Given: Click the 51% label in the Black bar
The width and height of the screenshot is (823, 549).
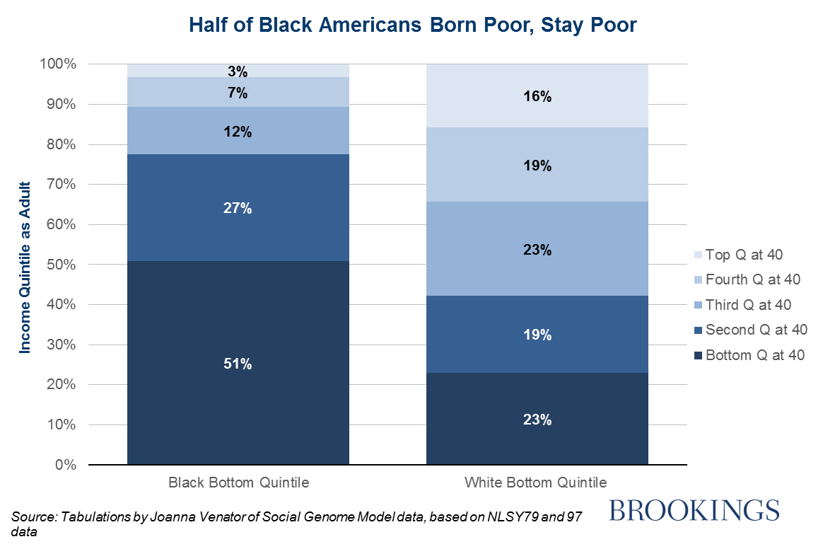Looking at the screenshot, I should click(238, 364).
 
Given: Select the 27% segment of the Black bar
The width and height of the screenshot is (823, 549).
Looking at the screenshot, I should click(238, 208).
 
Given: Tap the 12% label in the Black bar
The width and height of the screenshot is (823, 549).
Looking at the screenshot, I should click(238, 132).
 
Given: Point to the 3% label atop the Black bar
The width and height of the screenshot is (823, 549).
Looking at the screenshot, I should click(238, 71).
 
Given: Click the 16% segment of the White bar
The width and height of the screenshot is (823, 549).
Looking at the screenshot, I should click(537, 97).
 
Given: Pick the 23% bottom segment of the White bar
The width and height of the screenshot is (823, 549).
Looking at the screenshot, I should click(537, 420).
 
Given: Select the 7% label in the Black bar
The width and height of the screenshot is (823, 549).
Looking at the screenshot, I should click(238, 93).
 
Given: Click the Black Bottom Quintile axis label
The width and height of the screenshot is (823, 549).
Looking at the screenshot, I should click(238, 483).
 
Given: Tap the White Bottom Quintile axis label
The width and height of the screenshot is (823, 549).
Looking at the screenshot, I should click(536, 483).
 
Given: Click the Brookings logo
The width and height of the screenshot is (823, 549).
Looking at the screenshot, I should click(694, 510).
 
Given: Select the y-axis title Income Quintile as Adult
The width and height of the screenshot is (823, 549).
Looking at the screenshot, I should click(25, 264).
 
